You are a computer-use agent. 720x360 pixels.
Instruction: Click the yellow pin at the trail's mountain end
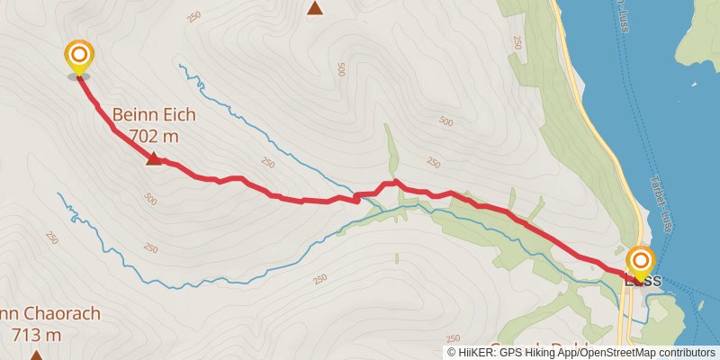79,56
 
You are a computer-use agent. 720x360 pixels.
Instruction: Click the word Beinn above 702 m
131,115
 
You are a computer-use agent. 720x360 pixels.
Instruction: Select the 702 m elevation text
153,136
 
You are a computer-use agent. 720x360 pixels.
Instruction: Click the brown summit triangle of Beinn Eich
153,159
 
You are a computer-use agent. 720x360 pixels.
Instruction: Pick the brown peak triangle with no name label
315,9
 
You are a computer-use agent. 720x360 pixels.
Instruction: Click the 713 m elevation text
36,336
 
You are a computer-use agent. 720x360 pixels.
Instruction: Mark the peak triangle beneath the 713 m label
36,355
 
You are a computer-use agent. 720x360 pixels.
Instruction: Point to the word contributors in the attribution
686,353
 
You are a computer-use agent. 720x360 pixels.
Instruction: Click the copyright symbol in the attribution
452,353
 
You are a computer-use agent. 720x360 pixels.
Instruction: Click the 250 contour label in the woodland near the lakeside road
517,41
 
